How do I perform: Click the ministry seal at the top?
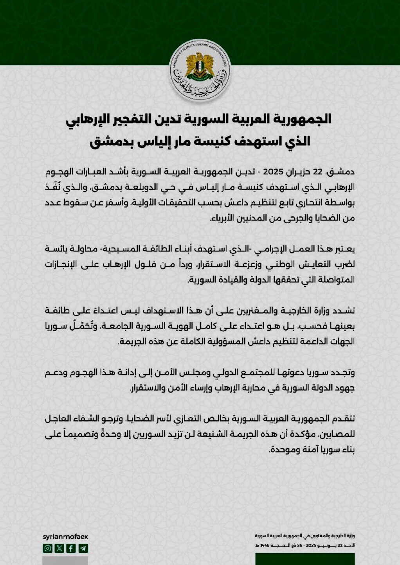(200, 70)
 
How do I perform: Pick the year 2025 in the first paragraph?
(273, 172)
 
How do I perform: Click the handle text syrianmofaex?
(65, 537)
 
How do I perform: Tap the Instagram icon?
(47, 548)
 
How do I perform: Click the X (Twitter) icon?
(59, 548)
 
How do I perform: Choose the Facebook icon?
(71, 548)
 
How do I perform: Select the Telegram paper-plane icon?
(83, 548)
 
